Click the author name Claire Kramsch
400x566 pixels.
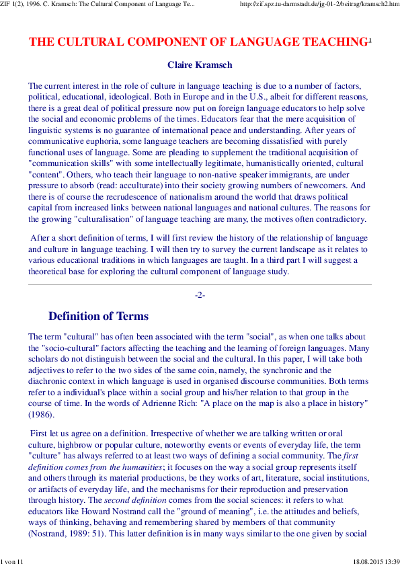199,65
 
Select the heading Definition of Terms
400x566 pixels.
98,316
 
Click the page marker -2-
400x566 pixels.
200,295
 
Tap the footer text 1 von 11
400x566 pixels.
13,561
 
